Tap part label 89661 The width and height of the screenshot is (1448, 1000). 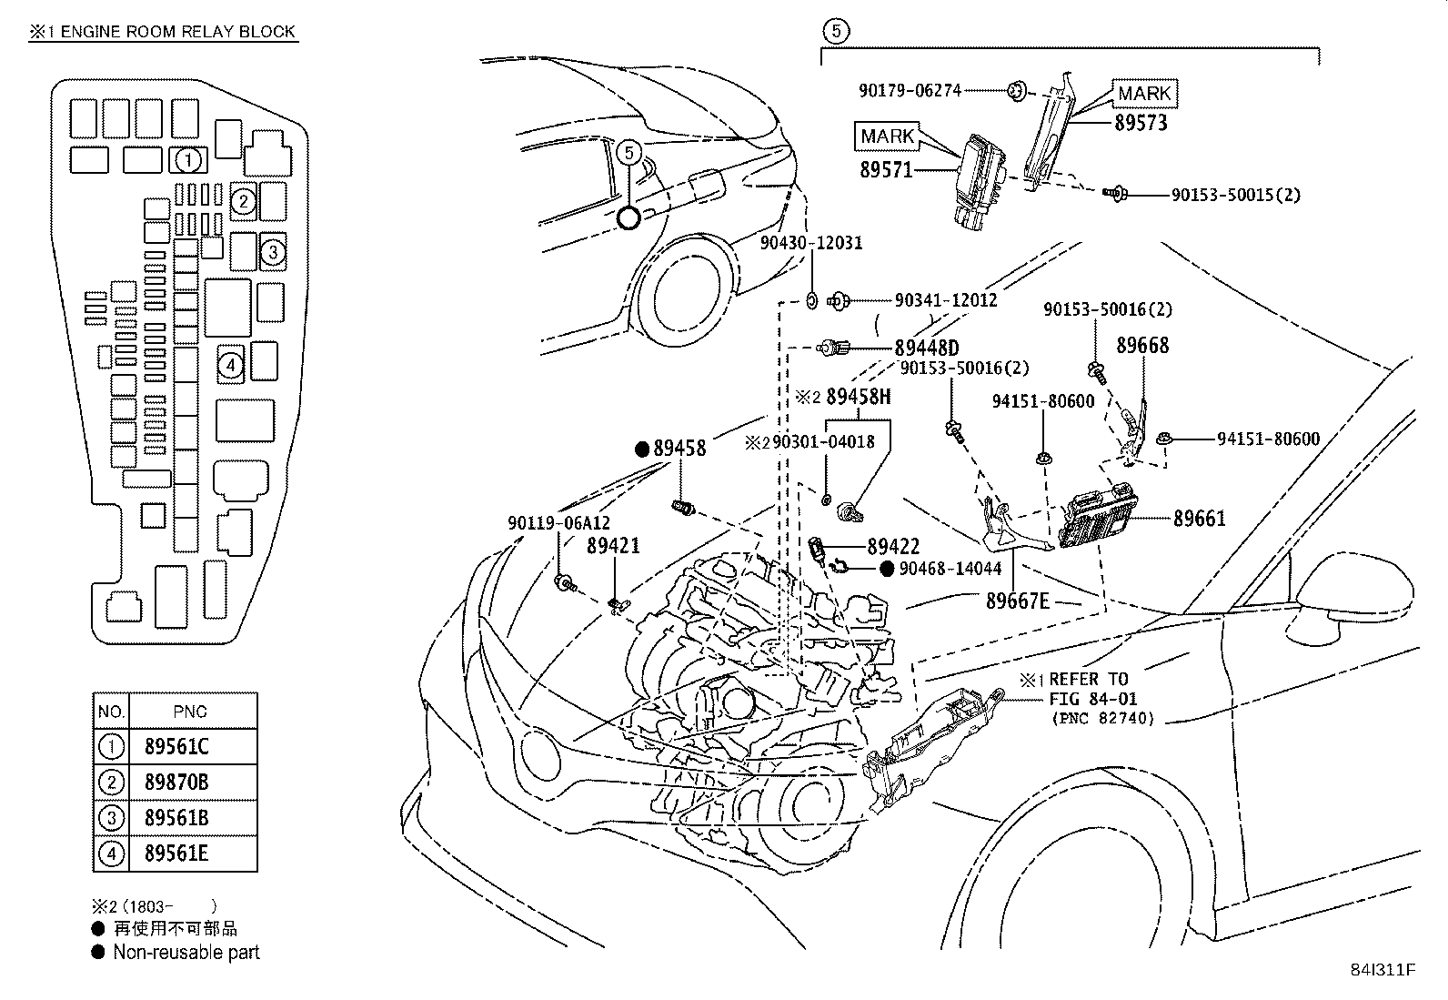[x=1199, y=519]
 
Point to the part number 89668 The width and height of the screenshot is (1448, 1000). [x=1142, y=345]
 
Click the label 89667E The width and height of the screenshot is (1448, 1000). [x=1018, y=601]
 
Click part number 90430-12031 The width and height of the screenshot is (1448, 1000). [x=811, y=243]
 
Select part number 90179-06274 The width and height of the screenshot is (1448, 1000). [x=910, y=90]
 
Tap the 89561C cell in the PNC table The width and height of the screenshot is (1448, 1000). [x=176, y=747]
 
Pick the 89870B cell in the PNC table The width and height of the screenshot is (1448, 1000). [x=176, y=783]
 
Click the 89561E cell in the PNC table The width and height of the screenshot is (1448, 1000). [x=176, y=854]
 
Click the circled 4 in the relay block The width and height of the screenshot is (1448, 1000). [x=231, y=365]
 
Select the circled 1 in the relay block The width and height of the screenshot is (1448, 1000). [x=188, y=161]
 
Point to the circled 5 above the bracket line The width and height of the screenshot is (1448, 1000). [x=836, y=31]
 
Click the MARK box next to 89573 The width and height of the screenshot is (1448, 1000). [x=1144, y=93]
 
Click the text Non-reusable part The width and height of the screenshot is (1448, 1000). [x=186, y=953]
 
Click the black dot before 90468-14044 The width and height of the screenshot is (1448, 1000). [x=887, y=569]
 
